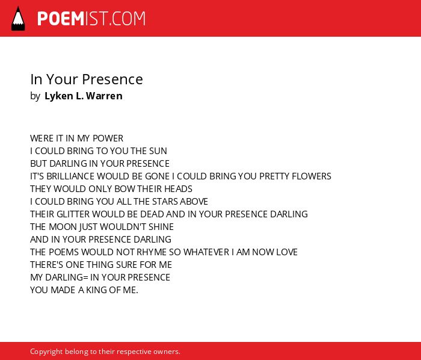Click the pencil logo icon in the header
(x=18, y=19)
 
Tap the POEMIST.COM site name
(x=91, y=19)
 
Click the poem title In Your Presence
(x=87, y=79)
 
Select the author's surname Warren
(x=104, y=96)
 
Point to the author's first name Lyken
(x=59, y=96)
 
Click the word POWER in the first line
(x=108, y=138)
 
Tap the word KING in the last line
(x=96, y=290)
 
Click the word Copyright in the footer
(x=46, y=352)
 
